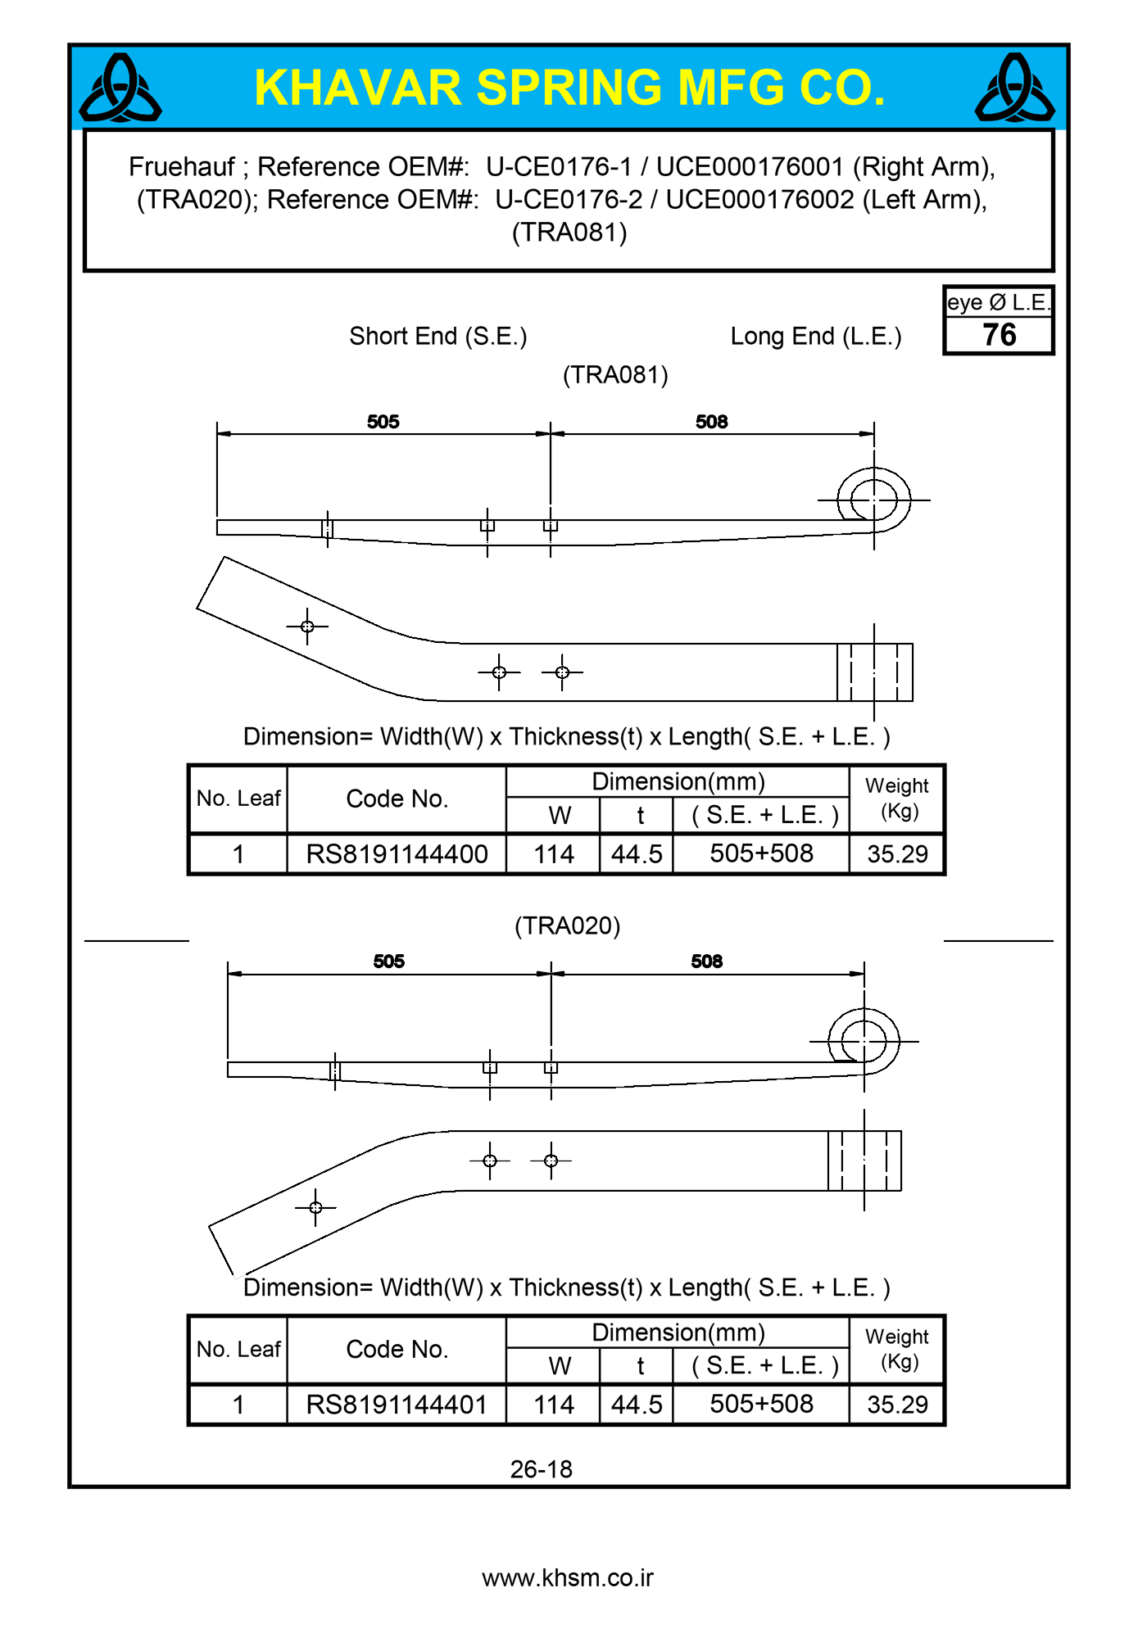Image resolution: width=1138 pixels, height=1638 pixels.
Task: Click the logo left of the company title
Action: coord(120,88)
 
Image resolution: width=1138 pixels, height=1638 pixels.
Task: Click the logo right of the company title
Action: coord(1014,88)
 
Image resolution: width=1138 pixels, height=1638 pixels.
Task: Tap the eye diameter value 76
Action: coord(999,335)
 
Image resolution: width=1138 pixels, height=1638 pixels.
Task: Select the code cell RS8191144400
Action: coord(397,854)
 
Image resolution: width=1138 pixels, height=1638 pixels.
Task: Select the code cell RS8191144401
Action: coord(397,1405)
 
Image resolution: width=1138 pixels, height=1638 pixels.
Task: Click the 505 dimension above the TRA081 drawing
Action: coord(383,422)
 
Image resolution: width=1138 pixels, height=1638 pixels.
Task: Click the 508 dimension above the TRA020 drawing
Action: coord(706,962)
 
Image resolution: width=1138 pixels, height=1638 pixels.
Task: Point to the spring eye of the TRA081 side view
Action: coord(873,499)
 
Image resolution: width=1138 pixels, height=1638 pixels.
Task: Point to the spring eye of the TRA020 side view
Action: coord(864,1041)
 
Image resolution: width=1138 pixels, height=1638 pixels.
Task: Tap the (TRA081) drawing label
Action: coord(615,375)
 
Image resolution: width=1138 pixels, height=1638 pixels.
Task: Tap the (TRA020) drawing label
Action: coord(567,926)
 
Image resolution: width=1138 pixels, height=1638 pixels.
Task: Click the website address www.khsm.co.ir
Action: coord(568,1578)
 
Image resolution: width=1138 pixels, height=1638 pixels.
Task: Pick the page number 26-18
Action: coord(541,1469)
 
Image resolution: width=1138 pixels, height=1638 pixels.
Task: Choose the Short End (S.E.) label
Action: coord(438,337)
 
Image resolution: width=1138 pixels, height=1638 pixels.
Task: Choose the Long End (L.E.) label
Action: coord(816,337)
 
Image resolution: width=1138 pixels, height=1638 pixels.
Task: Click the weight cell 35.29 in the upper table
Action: coord(897,854)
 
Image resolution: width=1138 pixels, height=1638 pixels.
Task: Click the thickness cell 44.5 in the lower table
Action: coord(637,1405)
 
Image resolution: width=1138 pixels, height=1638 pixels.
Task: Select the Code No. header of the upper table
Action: coord(397,799)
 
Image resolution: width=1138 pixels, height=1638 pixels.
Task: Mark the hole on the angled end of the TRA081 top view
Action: coord(307,627)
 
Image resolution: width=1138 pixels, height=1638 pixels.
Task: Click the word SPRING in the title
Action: coord(569,88)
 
